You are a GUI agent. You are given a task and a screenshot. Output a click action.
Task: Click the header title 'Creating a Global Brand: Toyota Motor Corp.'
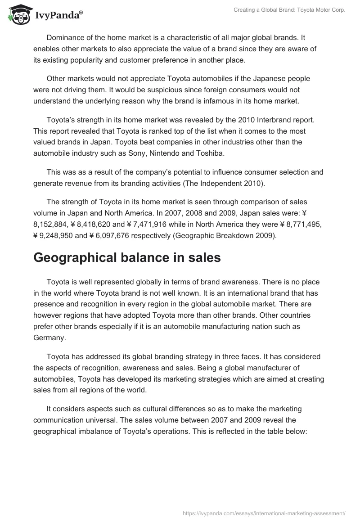click(289, 10)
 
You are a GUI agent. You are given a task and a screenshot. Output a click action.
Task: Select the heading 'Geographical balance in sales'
click(127, 258)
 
